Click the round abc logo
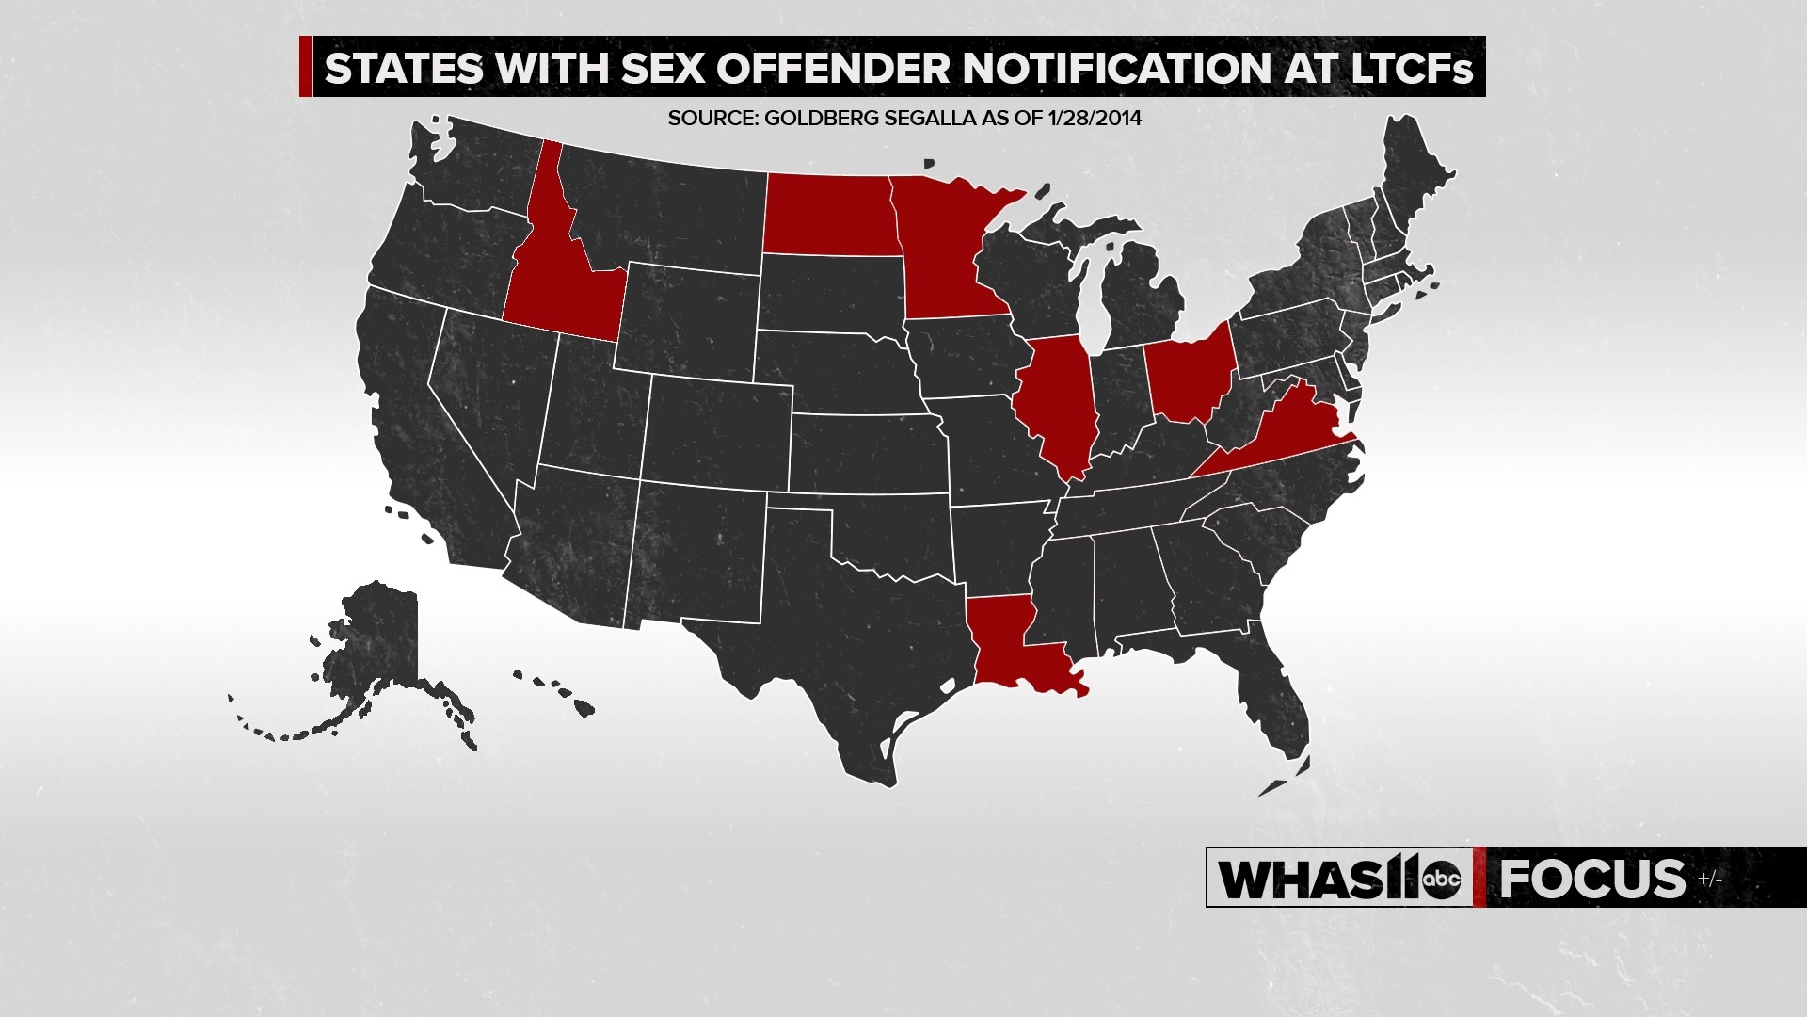point(1441,879)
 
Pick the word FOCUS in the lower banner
point(1591,879)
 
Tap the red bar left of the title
point(306,67)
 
